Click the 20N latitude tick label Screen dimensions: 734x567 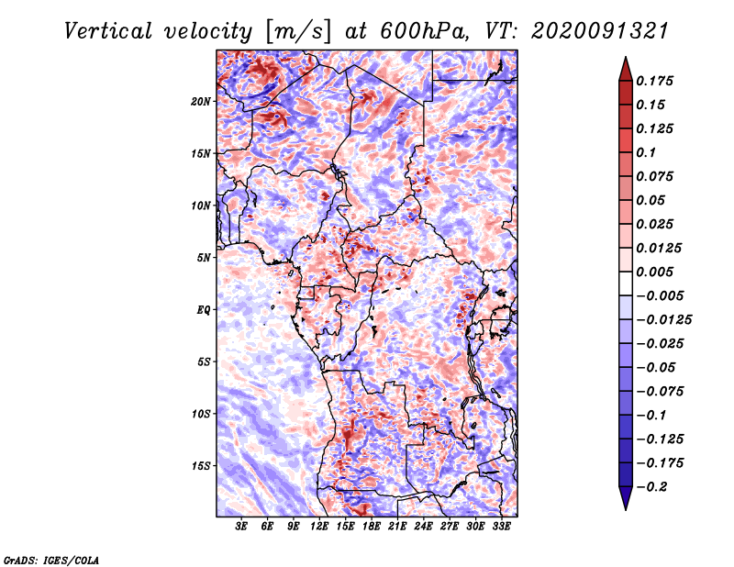201,102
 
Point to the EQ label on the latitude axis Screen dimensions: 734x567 204,310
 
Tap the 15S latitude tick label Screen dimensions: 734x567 201,466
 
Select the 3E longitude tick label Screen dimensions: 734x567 241,526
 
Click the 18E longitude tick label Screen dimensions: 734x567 372,526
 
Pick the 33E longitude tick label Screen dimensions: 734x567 501,526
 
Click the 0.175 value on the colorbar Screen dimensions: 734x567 655,81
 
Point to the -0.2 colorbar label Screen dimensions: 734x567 651,487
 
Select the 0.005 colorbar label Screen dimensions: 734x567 655,272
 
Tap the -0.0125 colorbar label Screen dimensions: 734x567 664,320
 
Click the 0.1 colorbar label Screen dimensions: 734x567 646,152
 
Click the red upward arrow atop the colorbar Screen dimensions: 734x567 626,69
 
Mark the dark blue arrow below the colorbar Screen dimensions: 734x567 626,498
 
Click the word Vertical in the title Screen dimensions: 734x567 108,31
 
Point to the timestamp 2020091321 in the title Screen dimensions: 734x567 600,31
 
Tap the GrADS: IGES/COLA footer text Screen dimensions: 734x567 51,560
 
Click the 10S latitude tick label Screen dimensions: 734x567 201,414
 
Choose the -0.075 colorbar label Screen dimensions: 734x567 660,392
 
